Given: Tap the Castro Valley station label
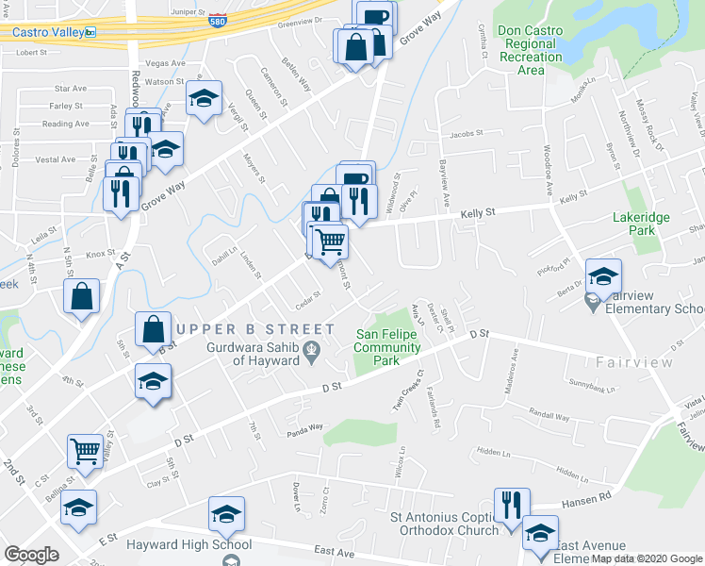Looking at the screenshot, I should [47, 31].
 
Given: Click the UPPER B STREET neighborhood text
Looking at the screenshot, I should [254, 328].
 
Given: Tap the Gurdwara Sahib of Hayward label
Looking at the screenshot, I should [257, 353].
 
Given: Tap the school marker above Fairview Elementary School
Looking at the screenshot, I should [603, 275].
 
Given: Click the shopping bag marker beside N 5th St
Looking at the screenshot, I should [82, 295].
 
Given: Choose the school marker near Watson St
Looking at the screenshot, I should [203, 97].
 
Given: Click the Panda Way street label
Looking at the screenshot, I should [305, 426].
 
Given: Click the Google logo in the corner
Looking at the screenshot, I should [31, 555].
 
